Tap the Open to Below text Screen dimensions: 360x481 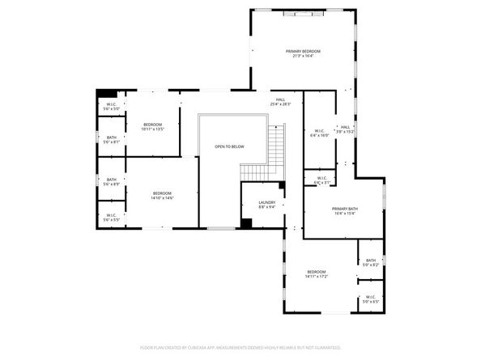(229, 146)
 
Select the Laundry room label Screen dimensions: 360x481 (267, 205)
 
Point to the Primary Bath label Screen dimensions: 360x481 (343, 211)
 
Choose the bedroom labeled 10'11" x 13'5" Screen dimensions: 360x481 (153, 126)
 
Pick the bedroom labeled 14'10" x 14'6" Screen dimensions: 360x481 (162, 195)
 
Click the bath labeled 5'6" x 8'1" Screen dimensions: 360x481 (112, 140)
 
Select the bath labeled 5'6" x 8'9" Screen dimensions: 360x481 (111, 182)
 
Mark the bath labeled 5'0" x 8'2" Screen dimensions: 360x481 (371, 262)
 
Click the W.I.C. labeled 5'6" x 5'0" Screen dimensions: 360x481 (112, 106)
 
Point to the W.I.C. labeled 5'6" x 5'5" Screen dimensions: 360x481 (111, 218)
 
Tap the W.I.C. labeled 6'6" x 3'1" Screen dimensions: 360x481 (321, 180)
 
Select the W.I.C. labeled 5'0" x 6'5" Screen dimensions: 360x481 (371, 299)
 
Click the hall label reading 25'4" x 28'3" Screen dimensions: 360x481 (279, 102)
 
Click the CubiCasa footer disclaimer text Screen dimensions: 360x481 (240, 346)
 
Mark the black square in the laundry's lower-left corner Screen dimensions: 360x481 (245, 223)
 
